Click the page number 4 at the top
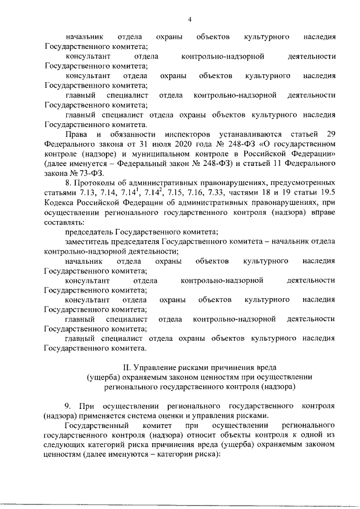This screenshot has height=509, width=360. tap(190, 20)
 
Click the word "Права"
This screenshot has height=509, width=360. tap(75, 133)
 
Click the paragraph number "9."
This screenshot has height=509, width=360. tap(68, 406)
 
